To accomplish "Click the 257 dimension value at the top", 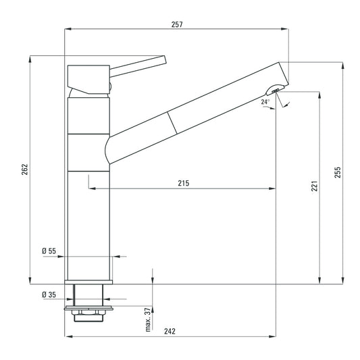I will [178, 24].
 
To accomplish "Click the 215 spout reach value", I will [183, 183].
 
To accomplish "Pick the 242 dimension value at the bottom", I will [170, 331].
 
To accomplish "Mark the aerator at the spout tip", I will [276, 90].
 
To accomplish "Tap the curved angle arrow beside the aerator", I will [285, 103].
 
